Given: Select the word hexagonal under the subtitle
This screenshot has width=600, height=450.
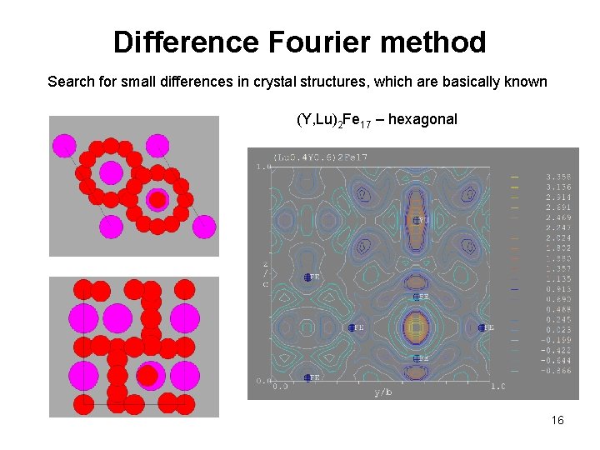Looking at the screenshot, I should (x=422, y=119).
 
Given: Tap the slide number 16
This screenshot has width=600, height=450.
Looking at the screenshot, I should (x=557, y=420).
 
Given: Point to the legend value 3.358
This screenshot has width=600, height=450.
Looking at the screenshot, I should (x=557, y=177).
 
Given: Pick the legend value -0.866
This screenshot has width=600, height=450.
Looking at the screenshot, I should (x=557, y=370).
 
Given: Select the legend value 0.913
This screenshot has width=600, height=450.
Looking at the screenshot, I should (x=557, y=288).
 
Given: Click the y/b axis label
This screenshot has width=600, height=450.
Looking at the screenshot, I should (x=383, y=391).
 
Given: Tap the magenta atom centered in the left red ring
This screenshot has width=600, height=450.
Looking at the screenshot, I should (x=111, y=172).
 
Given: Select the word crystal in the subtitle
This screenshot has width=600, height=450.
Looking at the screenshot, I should (x=330, y=82).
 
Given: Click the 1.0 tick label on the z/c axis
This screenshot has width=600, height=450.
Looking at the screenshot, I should (x=264, y=167).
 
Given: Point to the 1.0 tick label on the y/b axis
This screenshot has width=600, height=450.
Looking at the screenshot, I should (x=497, y=387).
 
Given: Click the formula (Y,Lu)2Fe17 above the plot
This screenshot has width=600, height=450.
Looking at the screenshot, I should (x=332, y=120).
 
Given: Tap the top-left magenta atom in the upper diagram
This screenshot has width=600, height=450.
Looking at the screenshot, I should (x=64, y=146).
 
